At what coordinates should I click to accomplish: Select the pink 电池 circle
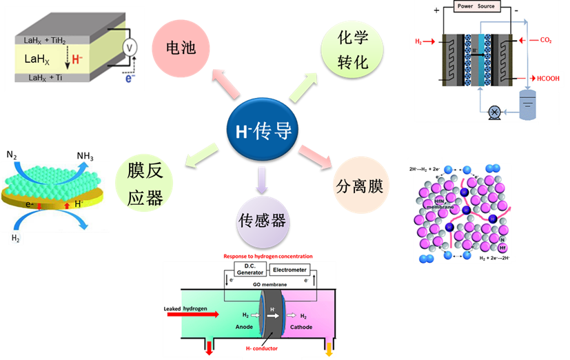coord(181,48)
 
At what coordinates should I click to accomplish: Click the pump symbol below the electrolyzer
coord(493,110)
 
